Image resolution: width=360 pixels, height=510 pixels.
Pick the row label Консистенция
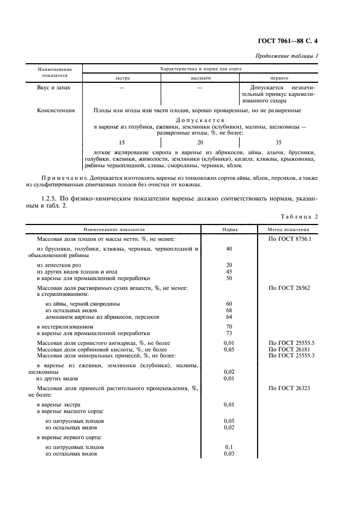click(56, 110)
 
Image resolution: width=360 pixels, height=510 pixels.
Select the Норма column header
click(229, 230)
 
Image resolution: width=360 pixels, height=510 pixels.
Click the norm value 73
click(229, 332)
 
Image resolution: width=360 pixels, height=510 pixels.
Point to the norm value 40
click(229, 249)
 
